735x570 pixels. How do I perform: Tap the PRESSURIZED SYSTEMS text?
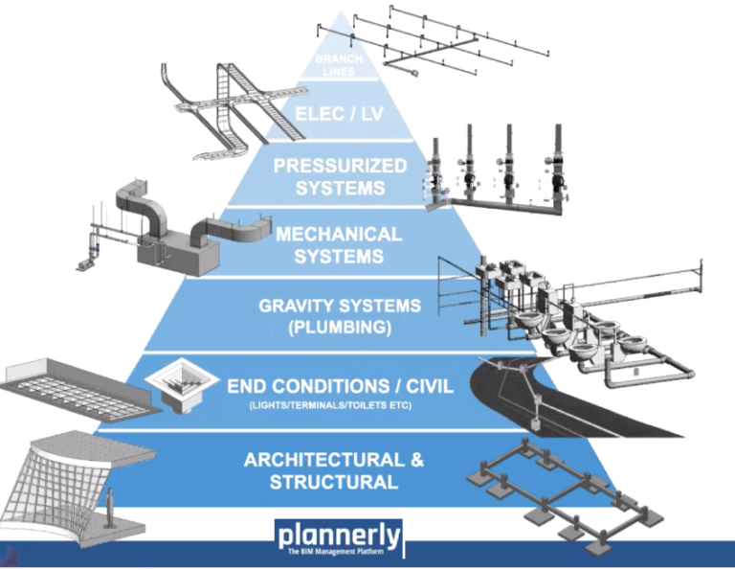(340, 175)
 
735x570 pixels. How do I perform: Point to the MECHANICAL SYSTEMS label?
(339, 245)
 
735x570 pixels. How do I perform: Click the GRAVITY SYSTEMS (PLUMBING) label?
(340, 316)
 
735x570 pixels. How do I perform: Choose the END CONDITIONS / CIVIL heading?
(340, 387)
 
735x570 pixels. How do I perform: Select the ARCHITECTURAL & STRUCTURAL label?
(334, 470)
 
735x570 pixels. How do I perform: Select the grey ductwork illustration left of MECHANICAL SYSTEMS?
(163, 225)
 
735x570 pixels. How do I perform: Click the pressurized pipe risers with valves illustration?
(498, 168)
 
